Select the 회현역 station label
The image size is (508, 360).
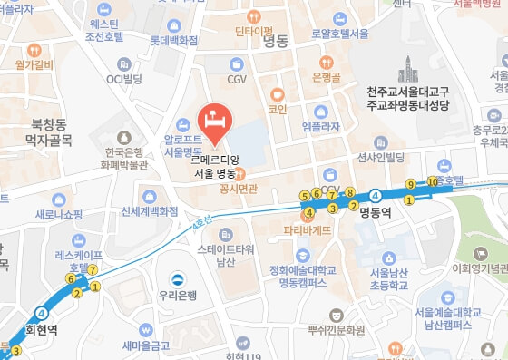pyautogui.click(x=41, y=331)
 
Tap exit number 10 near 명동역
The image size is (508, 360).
pyautogui.click(x=432, y=182)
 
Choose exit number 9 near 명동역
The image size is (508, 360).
pyautogui.click(x=410, y=183)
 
